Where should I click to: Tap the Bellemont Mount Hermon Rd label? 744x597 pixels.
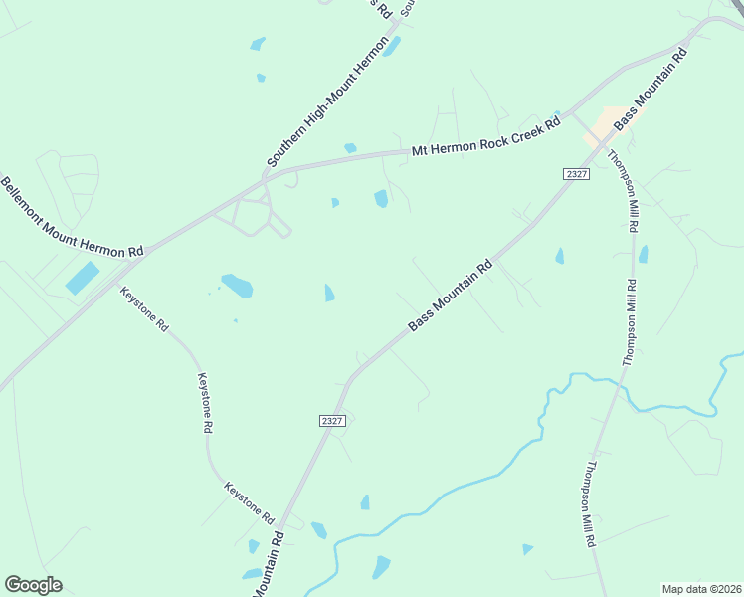[x=71, y=218]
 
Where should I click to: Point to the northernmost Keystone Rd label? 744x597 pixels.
[x=144, y=309]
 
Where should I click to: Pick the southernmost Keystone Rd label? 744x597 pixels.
[x=249, y=504]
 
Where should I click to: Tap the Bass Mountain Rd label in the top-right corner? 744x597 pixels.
[x=651, y=90]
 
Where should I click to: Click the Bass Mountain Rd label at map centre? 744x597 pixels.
[x=451, y=297]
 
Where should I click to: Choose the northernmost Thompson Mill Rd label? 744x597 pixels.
[x=622, y=191]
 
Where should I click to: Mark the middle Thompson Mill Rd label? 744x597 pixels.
[x=629, y=322]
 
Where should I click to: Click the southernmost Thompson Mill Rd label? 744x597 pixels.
[x=590, y=503]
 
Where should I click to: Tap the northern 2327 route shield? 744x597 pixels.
[x=576, y=174]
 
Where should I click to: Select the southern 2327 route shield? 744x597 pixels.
[x=332, y=421]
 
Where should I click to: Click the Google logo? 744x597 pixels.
[x=33, y=585]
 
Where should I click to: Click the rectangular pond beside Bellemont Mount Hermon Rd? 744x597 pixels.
[x=83, y=278]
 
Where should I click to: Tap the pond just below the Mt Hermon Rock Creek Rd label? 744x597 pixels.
[x=381, y=199]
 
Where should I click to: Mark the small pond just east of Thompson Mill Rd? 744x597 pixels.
[x=644, y=254]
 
